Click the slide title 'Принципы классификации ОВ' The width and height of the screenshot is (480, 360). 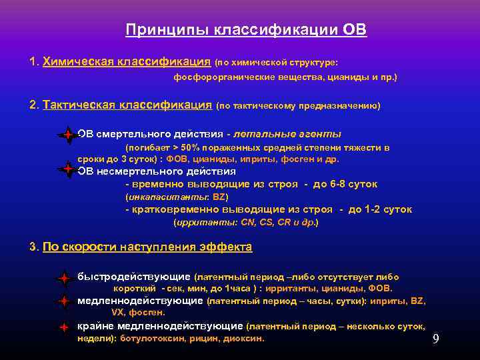(x=246, y=30)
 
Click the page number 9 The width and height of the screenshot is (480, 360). (x=435, y=339)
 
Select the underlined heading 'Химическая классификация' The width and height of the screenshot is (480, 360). (x=127, y=62)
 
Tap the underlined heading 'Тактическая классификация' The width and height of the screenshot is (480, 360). (x=127, y=105)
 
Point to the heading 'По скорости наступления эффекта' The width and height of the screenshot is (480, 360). (x=147, y=247)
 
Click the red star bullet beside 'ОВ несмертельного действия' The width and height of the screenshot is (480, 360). (x=67, y=169)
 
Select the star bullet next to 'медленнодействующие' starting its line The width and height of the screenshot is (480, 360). (x=63, y=302)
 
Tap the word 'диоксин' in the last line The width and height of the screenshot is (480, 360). (x=245, y=339)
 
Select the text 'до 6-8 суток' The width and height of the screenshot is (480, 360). (x=345, y=184)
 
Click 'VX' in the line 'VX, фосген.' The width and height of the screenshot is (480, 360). (x=116, y=312)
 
